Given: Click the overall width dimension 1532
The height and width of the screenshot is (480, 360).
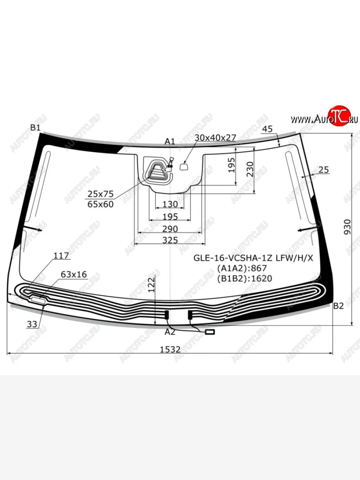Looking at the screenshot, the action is coord(170,349).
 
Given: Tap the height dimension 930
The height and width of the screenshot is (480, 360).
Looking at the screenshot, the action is coord(347,227).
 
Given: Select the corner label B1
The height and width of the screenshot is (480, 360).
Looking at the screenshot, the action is coord(36,128).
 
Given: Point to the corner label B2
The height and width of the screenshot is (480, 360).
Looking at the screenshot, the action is coord(338,306).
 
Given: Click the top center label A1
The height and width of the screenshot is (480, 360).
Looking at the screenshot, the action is coord(170,142).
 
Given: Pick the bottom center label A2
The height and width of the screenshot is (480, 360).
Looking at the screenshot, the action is coord(170,332).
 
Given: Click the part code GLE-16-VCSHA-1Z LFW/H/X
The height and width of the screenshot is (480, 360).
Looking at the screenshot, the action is coord(253,258).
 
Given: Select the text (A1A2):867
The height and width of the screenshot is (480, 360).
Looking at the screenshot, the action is coord(242,268).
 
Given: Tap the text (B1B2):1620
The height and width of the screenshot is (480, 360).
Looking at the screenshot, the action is coord(244,278).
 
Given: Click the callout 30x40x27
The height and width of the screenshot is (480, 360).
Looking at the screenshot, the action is coord(215,138).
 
